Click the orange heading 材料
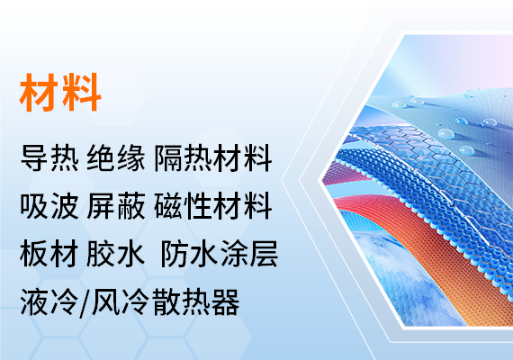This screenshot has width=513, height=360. click(x=60, y=93)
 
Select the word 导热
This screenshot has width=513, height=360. click(x=49, y=158)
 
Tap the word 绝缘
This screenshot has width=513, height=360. click(x=116, y=158)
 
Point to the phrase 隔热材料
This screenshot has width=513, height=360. click(x=213, y=158)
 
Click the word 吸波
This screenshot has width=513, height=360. click(x=49, y=206)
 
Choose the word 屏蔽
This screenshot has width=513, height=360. click(x=116, y=206)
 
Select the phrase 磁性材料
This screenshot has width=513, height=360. click(x=213, y=206)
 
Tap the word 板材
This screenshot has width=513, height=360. click(x=49, y=254)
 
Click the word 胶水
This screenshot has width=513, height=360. click(x=116, y=254)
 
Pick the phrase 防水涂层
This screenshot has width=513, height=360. click(x=220, y=254)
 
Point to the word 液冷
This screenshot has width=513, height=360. click(x=49, y=302)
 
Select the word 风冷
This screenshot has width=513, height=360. click(x=120, y=302)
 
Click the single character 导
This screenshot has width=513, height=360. click(x=35, y=158)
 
